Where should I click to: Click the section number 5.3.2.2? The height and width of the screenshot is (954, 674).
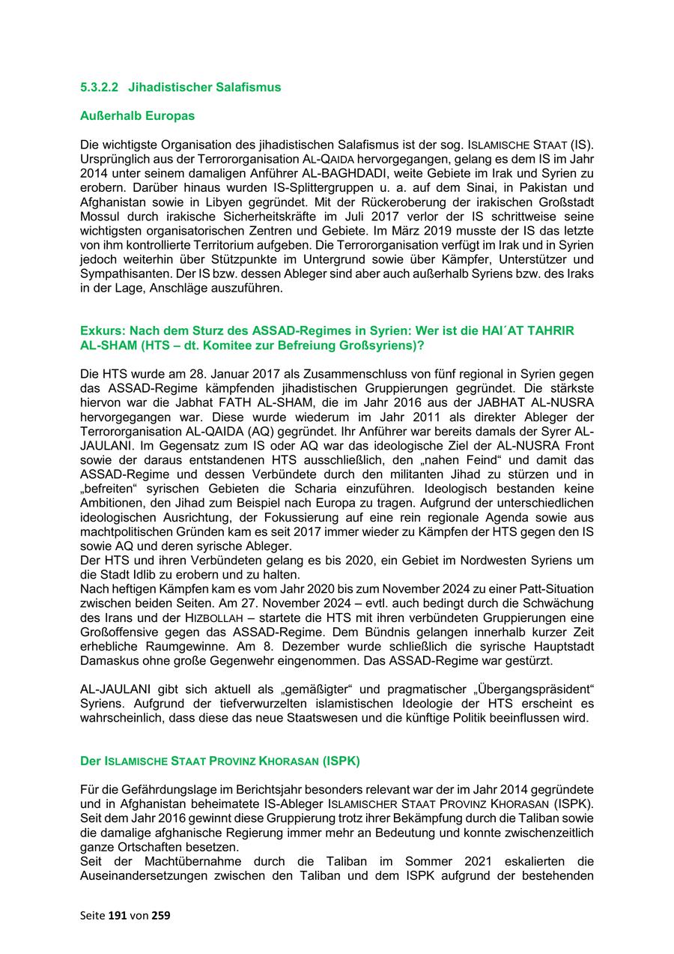pyautogui.click(x=99, y=87)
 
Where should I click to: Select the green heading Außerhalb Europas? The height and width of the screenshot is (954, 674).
pyautogui.click(x=137, y=116)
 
